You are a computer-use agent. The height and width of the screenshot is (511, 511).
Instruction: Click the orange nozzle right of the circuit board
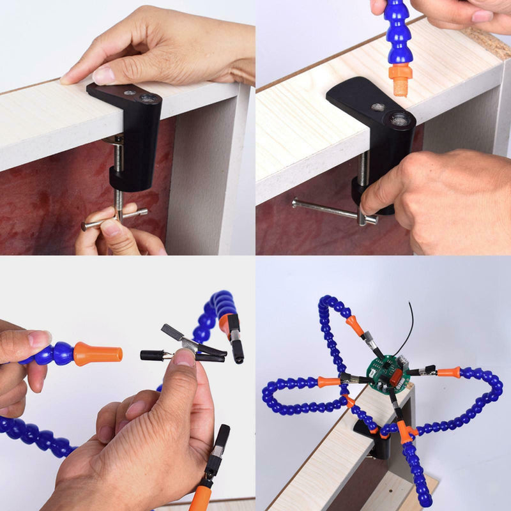click(x=448, y=372)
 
